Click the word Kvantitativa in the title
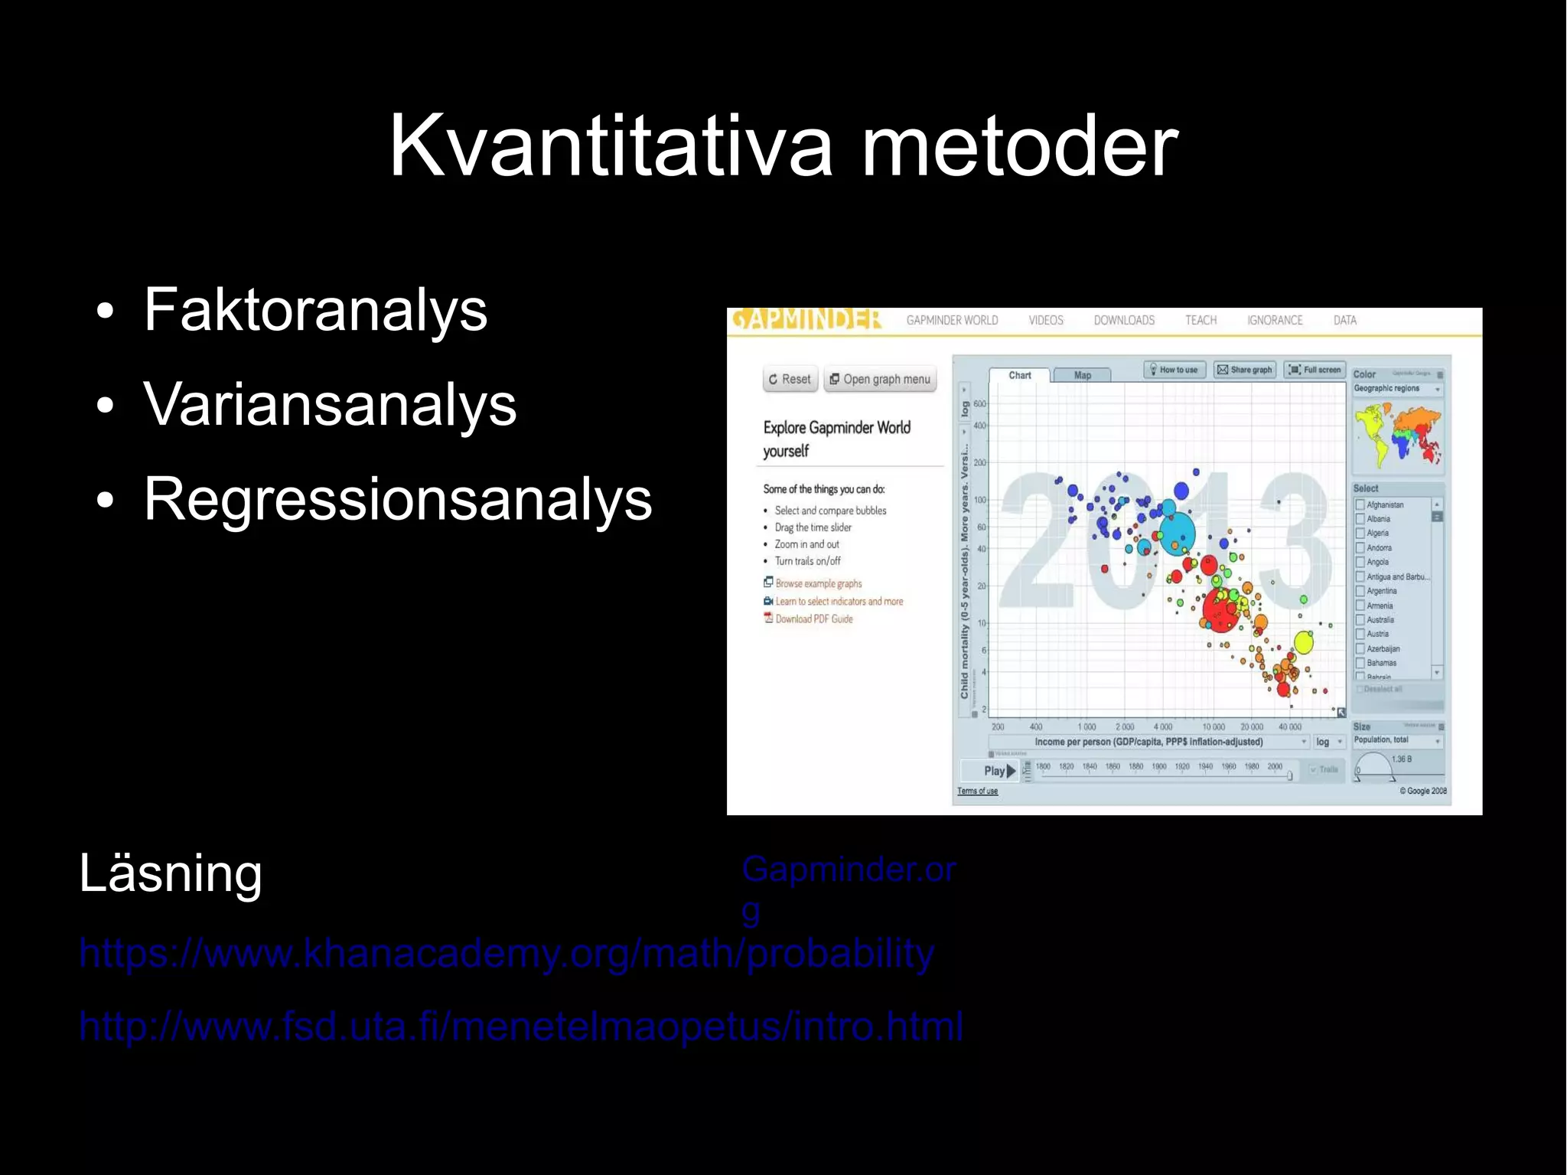click(610, 145)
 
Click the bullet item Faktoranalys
click(315, 309)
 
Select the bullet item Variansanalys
click(330, 404)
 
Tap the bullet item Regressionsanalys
click(398, 499)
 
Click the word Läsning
click(171, 873)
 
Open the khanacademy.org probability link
click(507, 954)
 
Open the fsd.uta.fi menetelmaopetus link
click(520, 1026)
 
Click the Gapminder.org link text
click(848, 870)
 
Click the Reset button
click(790, 379)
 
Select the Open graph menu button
click(880, 379)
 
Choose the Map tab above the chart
click(1082, 375)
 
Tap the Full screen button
click(1315, 370)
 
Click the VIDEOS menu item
click(1045, 320)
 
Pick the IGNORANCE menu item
click(1274, 320)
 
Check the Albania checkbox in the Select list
click(1360, 519)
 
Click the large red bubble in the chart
click(1219, 609)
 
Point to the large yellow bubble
click(1303, 642)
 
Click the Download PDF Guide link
click(813, 619)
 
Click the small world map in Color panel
click(1397, 435)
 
